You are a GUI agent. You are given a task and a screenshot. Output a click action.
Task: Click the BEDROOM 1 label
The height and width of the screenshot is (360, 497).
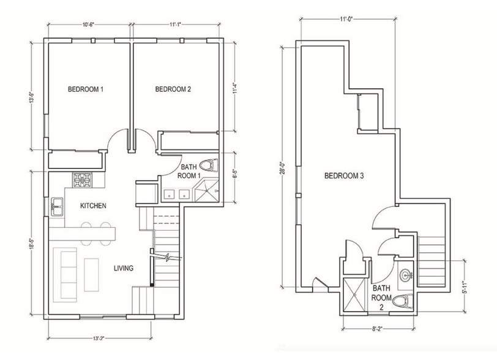pos(85,89)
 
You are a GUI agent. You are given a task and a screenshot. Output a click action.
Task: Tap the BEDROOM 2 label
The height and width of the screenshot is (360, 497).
pos(173,89)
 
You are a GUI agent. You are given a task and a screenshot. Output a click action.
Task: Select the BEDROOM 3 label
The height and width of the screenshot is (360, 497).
pos(344,176)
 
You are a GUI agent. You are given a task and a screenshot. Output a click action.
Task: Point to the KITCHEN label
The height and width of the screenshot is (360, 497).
pos(94,206)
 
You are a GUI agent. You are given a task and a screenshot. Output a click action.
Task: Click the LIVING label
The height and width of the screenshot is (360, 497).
pos(124,268)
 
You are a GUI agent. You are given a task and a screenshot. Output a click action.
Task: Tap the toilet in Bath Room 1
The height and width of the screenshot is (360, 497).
pos(209,166)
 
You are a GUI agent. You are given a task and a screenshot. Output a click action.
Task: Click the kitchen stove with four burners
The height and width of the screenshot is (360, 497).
pos(82,181)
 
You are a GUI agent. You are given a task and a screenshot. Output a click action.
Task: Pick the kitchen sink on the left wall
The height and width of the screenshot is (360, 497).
pos(57,206)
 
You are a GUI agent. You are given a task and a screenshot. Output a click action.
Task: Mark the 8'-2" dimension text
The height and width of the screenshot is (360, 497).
pos(378,328)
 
